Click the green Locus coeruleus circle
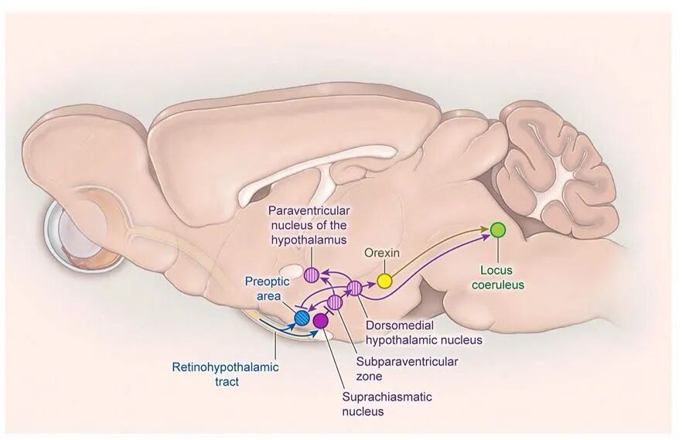498,229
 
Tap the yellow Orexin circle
384,280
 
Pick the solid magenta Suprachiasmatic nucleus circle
320,320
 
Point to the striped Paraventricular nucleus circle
312,274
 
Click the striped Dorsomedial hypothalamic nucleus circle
355,289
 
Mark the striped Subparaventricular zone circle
335,302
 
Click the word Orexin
380,253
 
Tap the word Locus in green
497,271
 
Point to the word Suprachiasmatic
387,397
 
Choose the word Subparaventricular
407,361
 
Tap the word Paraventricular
309,211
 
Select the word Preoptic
267,281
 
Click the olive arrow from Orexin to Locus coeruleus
441,247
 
